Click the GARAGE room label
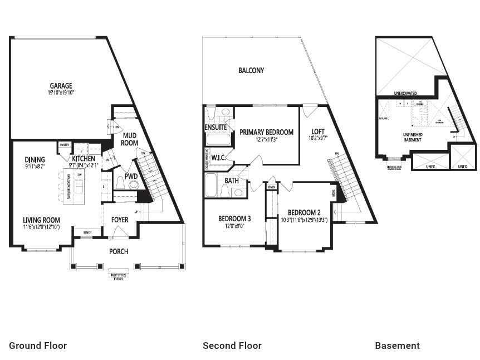61,86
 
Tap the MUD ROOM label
130,139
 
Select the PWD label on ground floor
131,177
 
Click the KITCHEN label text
84,159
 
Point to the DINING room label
35,160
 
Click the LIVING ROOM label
41,220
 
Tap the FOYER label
120,220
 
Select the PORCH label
119,251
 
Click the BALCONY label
251,71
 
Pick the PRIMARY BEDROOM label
266,132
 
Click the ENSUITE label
216,127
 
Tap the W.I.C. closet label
218,158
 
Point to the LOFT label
318,132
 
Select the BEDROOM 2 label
304,212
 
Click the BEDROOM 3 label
234,219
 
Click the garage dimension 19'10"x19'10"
61,93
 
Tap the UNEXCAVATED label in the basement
405,94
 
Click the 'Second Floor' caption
232,346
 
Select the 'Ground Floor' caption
38,346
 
